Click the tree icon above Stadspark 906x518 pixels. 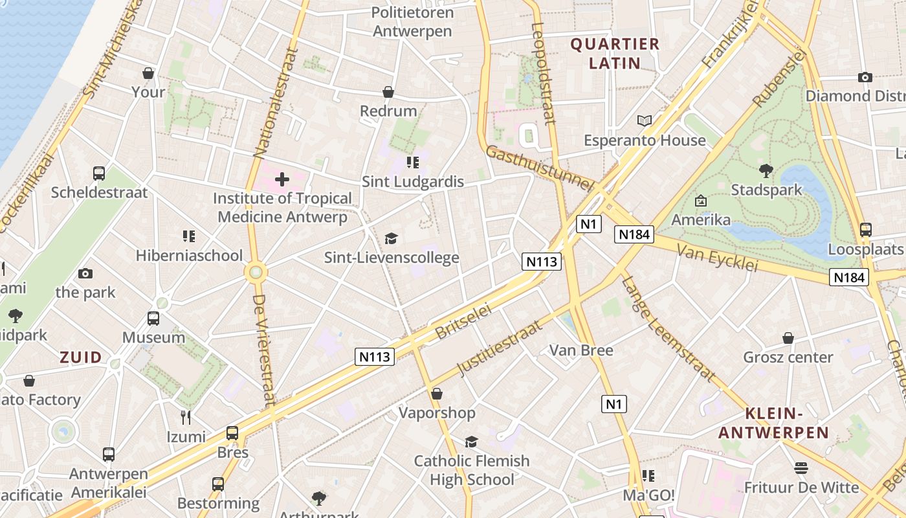point(766,171)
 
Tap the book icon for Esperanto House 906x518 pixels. point(645,121)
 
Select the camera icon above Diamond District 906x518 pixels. point(865,77)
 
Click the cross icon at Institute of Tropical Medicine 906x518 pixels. point(282,179)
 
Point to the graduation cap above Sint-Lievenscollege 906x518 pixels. point(391,239)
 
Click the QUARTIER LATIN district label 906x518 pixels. point(614,54)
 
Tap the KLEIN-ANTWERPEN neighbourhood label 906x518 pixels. point(774,423)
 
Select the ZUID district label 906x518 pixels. point(81,357)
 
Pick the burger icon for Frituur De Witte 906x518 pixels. point(801,468)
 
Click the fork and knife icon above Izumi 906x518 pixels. point(186,418)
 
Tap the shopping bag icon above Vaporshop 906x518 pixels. point(437,394)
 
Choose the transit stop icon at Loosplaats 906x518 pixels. point(865,230)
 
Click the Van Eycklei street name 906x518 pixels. point(716,258)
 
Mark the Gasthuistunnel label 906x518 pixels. point(539,168)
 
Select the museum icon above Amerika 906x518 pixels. point(700,201)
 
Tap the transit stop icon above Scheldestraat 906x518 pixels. point(99,174)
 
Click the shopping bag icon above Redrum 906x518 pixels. point(388,93)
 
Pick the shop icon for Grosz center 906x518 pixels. point(788,338)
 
